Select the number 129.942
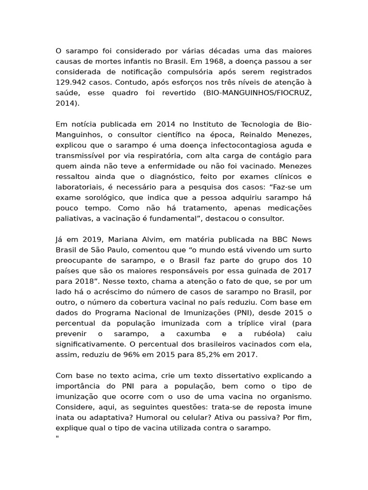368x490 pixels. point(71,82)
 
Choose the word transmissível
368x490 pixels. point(80,156)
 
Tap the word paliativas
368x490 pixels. point(73,219)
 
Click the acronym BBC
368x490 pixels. point(280,239)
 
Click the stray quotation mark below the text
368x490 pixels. point(57,438)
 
